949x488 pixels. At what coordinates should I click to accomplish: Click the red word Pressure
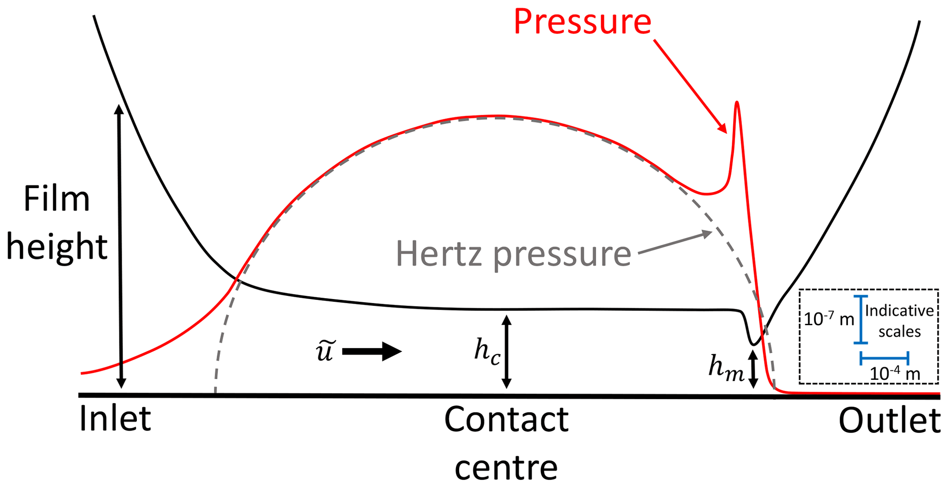(x=582, y=22)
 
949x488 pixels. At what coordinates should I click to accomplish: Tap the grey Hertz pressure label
(x=513, y=254)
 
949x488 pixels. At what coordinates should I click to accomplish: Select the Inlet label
(x=115, y=419)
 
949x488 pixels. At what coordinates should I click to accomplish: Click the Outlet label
(x=889, y=421)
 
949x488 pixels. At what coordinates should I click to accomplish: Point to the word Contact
(x=506, y=420)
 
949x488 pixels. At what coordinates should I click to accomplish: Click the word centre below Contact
(x=506, y=467)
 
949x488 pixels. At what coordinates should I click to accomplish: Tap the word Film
(x=56, y=200)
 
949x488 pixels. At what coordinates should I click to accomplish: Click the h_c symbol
(x=487, y=352)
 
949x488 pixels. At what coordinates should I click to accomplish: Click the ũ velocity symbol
(x=325, y=351)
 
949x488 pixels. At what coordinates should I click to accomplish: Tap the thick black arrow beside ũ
(x=372, y=352)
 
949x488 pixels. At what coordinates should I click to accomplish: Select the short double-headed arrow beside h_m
(x=752, y=369)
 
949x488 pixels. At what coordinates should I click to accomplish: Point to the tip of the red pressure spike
(x=737, y=103)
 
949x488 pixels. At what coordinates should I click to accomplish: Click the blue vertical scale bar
(x=860, y=320)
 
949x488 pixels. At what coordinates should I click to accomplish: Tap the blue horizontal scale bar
(x=884, y=358)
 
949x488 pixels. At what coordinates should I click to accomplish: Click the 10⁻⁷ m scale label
(x=829, y=318)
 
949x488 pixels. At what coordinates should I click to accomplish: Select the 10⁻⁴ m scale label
(x=894, y=374)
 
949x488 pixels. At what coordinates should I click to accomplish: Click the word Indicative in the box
(x=899, y=311)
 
